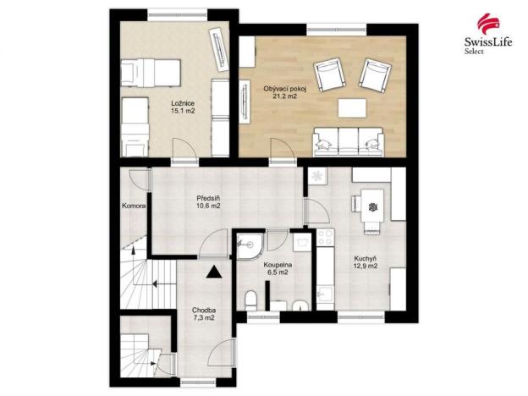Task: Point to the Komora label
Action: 133,206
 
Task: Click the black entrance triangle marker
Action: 213,272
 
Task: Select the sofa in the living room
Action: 348,142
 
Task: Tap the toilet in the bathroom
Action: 253,300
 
